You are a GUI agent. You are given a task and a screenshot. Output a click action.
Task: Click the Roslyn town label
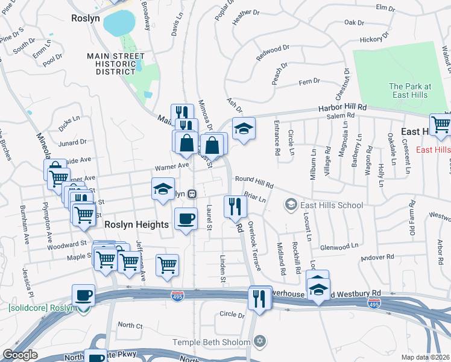coord(85,18)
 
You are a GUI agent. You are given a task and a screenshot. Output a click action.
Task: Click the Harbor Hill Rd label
coord(342,107)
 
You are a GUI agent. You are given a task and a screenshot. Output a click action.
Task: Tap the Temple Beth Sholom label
coord(211,342)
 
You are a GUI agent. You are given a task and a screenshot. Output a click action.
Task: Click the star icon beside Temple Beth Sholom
coord(260,342)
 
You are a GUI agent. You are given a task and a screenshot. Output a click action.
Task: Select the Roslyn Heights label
coord(136,224)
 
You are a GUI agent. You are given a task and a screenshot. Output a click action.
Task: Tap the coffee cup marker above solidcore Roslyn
coord(83,295)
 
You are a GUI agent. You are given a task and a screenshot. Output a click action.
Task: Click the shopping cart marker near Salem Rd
coord(441,124)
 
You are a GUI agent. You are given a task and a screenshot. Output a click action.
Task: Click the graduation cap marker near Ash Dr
coord(244,129)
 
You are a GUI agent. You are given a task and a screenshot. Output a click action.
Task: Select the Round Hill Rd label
coord(254,179)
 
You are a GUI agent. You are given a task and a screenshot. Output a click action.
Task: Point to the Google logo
coord(20,355)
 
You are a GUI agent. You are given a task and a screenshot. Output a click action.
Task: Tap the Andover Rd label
coord(376,257)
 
